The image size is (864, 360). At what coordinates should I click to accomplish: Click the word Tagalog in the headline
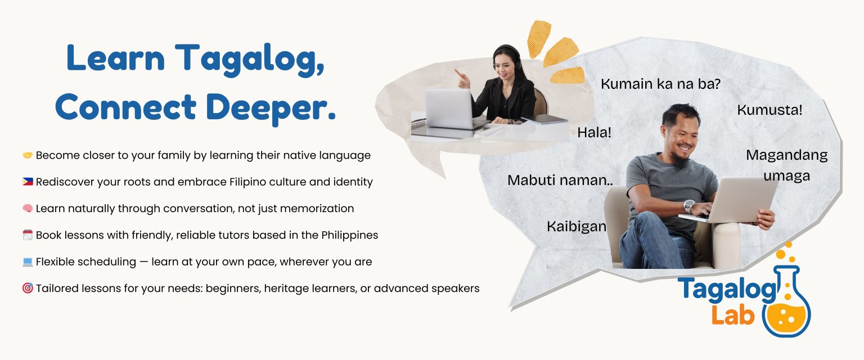click(249, 59)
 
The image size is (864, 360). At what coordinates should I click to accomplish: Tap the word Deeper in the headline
click(271, 108)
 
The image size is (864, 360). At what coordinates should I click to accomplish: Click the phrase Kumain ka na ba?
click(660, 84)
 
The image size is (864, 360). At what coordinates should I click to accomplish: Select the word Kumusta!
click(769, 110)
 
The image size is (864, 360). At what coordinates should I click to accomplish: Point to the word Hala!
click(594, 133)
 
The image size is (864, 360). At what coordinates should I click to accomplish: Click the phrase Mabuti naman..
click(560, 180)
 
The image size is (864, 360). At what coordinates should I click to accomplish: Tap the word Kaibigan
click(576, 227)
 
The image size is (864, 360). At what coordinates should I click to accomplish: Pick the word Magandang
click(786, 155)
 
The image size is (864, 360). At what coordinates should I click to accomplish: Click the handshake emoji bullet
click(28, 155)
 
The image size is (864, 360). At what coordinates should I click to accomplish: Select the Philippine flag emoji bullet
click(28, 181)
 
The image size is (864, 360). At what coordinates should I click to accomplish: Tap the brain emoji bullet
click(28, 208)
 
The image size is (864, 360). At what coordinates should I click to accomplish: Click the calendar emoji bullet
click(28, 235)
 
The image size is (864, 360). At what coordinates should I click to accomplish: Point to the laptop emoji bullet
click(28, 262)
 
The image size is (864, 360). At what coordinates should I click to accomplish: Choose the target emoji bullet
click(28, 288)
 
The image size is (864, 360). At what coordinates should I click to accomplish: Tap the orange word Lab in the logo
click(732, 315)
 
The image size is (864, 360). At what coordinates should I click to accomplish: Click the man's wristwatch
click(689, 206)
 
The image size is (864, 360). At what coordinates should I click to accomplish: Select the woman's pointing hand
click(462, 79)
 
